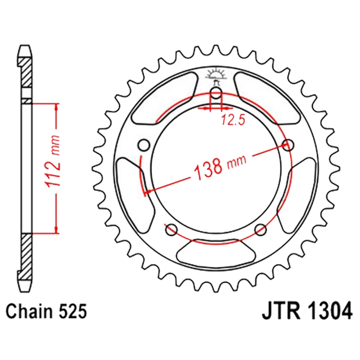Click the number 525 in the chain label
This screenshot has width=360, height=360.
[73, 311]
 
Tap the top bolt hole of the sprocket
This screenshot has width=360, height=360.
[216, 93]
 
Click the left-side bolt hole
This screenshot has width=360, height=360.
[144, 145]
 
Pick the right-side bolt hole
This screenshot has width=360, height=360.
[288, 145]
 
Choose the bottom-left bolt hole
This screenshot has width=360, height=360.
[171, 229]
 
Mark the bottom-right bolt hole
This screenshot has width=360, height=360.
[261, 229]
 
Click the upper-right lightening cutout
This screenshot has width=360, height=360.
[268, 98]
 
